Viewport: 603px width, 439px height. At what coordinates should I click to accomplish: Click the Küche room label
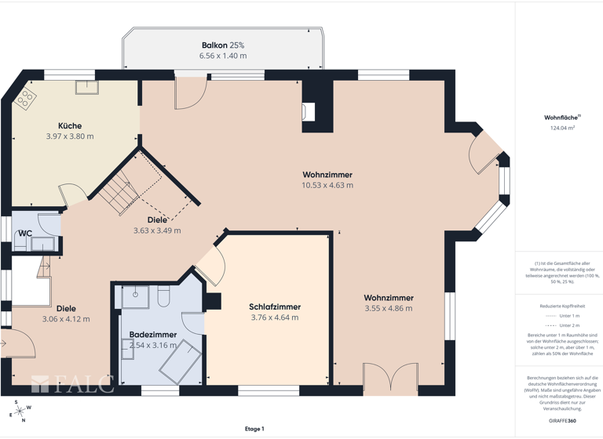69,125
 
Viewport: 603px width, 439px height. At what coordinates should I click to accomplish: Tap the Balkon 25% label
223,45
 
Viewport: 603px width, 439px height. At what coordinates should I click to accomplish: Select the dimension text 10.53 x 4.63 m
327,186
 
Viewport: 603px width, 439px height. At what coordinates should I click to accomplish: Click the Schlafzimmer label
275,307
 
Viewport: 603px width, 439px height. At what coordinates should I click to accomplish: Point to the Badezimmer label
152,334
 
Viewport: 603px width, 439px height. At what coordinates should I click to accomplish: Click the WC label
25,233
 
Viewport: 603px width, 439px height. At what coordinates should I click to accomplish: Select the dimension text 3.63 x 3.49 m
157,230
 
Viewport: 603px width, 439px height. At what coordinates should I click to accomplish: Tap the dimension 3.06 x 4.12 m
66,319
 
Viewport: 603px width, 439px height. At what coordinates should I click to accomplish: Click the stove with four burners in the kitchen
26,98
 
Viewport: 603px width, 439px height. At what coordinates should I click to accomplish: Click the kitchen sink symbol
86,87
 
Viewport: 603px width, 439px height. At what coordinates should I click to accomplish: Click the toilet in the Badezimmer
164,296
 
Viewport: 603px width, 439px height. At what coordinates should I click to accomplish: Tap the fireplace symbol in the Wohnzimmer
309,111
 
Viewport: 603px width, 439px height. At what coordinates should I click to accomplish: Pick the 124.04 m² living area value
562,128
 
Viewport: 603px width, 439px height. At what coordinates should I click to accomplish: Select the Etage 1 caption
254,429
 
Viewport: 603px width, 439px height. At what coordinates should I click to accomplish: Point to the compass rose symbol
20,411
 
